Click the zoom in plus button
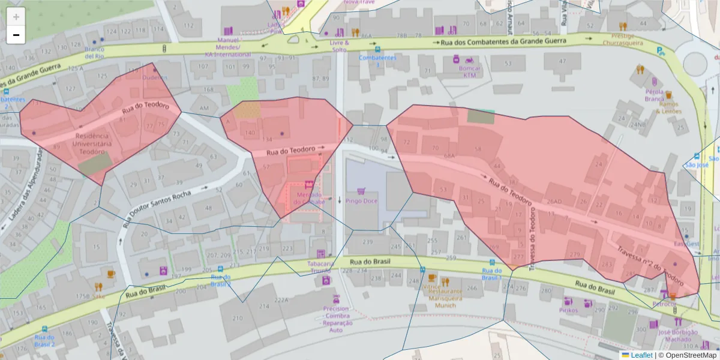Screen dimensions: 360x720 click(16, 17)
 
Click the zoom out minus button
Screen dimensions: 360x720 click(16, 35)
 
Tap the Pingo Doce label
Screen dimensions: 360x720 click(362, 201)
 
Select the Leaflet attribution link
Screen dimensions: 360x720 click(641, 355)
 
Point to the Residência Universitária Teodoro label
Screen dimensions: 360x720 click(91, 144)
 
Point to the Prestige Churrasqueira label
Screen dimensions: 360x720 click(623, 40)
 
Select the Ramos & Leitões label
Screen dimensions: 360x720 click(669, 107)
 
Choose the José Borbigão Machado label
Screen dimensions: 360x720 click(677, 335)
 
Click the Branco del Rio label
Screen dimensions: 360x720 click(95, 53)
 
